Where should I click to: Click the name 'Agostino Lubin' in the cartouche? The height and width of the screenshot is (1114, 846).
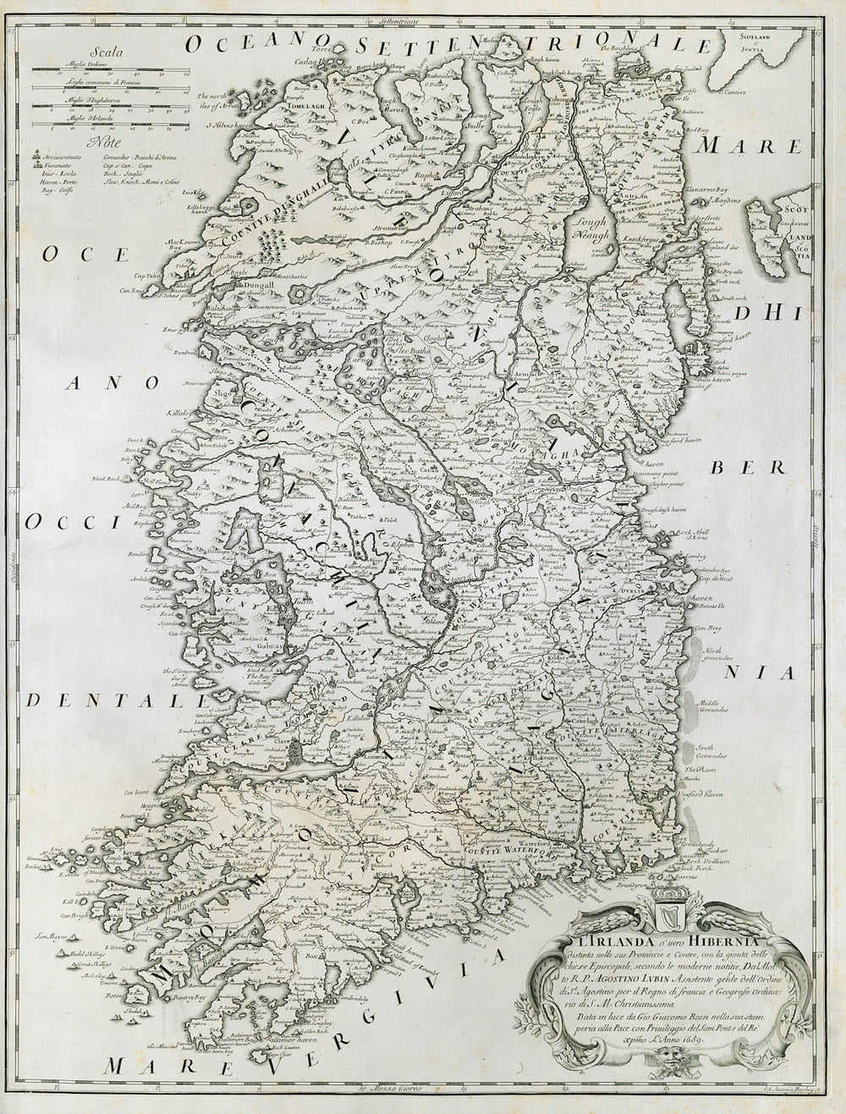607,966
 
